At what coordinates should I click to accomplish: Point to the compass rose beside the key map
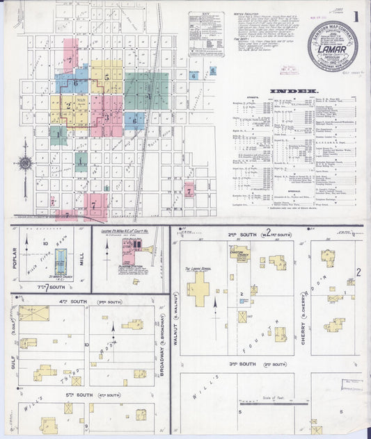(25, 163)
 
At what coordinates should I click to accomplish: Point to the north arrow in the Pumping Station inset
(106, 251)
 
